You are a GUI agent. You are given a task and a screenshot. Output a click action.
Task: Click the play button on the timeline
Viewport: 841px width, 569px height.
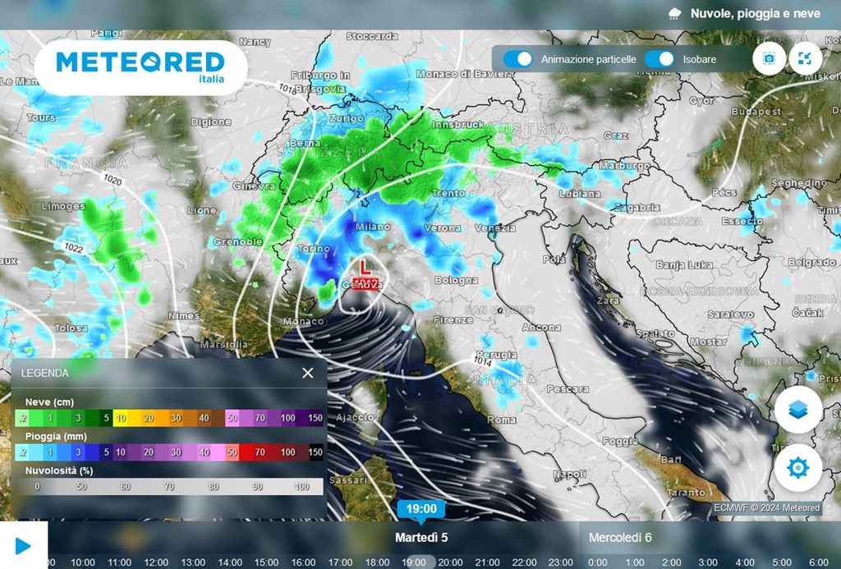[x=23, y=545]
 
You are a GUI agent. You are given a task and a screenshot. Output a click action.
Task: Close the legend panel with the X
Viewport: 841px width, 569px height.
[x=307, y=373]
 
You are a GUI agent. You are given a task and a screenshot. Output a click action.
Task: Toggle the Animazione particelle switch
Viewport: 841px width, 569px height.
[x=518, y=59]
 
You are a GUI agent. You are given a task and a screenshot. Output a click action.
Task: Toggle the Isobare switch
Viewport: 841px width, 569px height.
[x=659, y=59]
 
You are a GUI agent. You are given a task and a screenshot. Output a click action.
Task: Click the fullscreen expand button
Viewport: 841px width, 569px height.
[x=805, y=58]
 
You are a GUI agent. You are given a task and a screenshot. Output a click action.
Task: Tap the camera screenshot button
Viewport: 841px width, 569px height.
[x=770, y=58]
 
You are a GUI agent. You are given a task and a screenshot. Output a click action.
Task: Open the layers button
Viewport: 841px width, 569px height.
[x=797, y=410]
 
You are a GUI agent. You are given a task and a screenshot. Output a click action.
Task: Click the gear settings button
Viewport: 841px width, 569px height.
[x=797, y=468]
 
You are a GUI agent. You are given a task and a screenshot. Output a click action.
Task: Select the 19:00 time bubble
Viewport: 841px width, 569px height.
[x=421, y=508]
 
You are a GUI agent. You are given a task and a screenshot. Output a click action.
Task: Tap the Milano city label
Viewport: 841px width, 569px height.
[x=373, y=227]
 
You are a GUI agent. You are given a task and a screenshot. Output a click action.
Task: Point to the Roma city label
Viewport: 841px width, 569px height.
[x=502, y=420]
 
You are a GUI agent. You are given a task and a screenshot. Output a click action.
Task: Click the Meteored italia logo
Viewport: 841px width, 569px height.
[x=140, y=66]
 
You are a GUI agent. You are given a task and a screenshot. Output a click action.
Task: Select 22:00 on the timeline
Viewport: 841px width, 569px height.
[x=524, y=562]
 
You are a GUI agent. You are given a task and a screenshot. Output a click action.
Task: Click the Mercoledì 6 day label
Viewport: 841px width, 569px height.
[x=620, y=538]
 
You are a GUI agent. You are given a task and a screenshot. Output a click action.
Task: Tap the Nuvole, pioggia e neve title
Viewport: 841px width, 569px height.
[x=755, y=13]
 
